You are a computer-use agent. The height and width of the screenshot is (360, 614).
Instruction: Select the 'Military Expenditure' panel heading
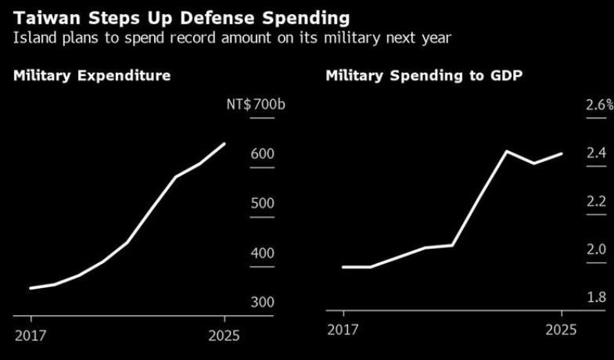tap(92, 76)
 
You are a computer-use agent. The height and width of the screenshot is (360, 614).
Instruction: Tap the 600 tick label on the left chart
tap(262, 154)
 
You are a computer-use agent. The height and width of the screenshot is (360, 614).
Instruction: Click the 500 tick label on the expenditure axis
tap(262, 203)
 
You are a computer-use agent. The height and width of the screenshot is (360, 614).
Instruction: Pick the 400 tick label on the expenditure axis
tap(262, 253)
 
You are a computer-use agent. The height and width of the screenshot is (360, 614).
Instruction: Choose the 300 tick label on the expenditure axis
tap(262, 302)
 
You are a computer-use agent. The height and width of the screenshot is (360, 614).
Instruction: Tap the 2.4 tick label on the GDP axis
tap(597, 153)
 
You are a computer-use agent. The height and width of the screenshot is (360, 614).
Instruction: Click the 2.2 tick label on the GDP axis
tap(597, 202)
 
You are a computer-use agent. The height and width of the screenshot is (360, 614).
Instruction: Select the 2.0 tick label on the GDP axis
tap(597, 250)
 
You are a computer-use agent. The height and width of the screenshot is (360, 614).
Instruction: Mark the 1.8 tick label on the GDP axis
tap(597, 297)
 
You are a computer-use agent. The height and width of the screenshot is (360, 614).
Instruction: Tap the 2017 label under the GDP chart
tap(343, 331)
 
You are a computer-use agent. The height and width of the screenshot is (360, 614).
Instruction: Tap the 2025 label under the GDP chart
tap(560, 331)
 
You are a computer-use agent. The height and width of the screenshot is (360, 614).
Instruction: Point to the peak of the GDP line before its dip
tap(507, 151)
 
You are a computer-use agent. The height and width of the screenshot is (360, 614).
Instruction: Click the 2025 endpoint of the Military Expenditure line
tap(224, 144)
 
